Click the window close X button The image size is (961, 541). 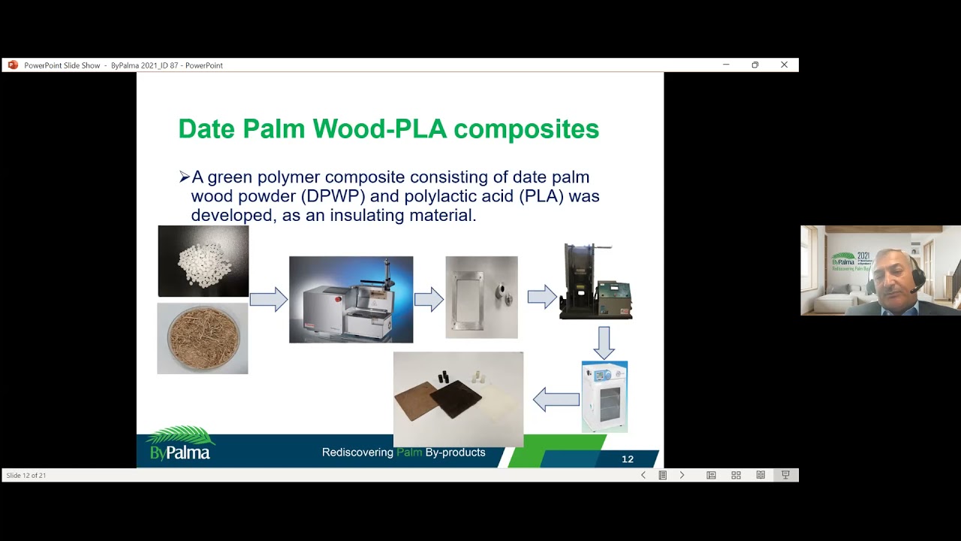tap(784, 65)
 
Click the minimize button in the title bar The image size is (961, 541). tap(726, 65)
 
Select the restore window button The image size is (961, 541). tap(755, 65)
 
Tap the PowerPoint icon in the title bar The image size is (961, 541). tap(13, 65)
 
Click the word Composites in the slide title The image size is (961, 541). tap(526, 129)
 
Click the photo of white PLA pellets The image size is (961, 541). tap(203, 261)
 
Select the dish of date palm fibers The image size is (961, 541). tap(202, 339)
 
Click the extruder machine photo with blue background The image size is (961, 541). tap(351, 300)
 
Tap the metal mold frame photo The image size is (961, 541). tap(481, 298)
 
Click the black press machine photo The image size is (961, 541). tap(596, 282)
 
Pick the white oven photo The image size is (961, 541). tap(604, 397)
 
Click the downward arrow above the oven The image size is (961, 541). tap(604, 342)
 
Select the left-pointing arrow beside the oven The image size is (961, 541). tap(556, 400)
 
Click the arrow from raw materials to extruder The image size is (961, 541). tap(268, 300)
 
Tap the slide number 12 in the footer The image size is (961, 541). tap(628, 459)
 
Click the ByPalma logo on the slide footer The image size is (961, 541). tap(180, 445)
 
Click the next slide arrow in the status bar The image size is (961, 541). tap(682, 475)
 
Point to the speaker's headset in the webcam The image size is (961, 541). tap(917, 280)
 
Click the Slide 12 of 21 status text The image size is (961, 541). tap(26, 476)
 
